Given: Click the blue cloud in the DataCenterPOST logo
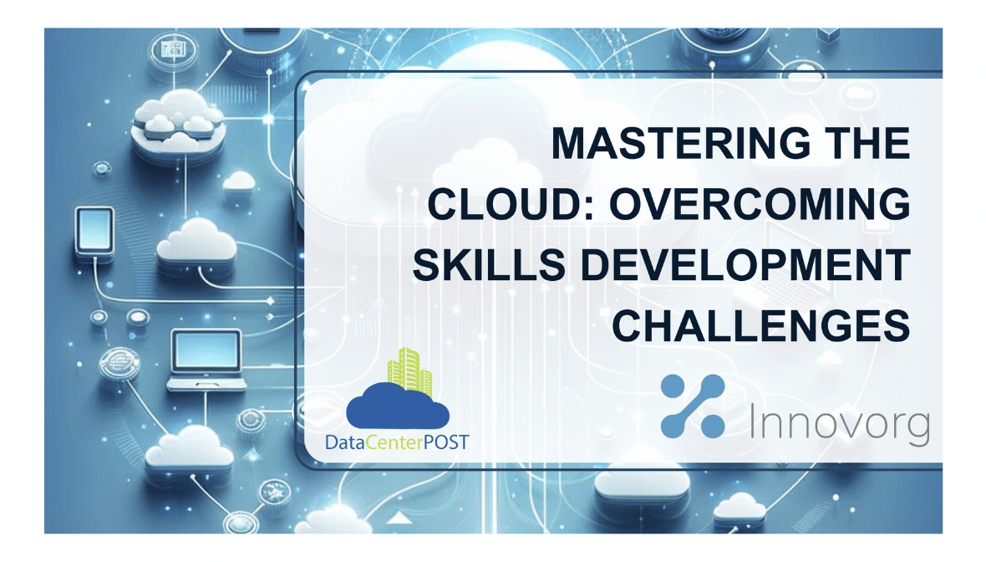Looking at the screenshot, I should (398, 410).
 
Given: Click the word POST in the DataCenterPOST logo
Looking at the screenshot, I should (446, 441).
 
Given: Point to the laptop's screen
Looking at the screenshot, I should (206, 350).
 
